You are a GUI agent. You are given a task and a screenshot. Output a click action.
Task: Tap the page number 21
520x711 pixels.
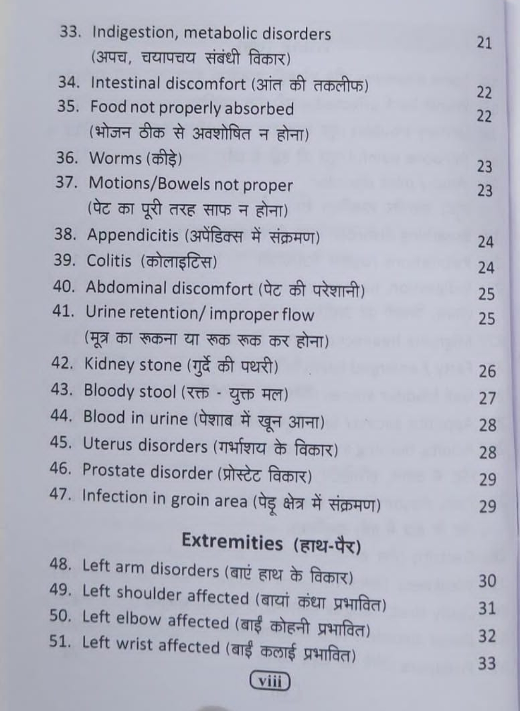484,43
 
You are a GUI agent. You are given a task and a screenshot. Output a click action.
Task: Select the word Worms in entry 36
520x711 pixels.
115,158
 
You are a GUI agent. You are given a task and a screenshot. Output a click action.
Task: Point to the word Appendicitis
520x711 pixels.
132,236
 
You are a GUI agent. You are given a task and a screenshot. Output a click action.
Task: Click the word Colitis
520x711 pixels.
109,261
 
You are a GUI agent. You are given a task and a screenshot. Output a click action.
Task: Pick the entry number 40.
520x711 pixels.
65,286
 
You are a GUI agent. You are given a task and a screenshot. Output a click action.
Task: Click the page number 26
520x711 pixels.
487,371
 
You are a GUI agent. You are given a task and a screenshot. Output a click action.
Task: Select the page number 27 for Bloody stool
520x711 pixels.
487,398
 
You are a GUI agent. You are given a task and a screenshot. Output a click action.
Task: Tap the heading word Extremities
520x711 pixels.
232,542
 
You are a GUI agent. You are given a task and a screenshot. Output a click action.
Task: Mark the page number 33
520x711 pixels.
487,664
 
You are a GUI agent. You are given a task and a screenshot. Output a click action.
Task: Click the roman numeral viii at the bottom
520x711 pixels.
270,681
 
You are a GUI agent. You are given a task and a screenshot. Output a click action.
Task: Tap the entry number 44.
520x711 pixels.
61,416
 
